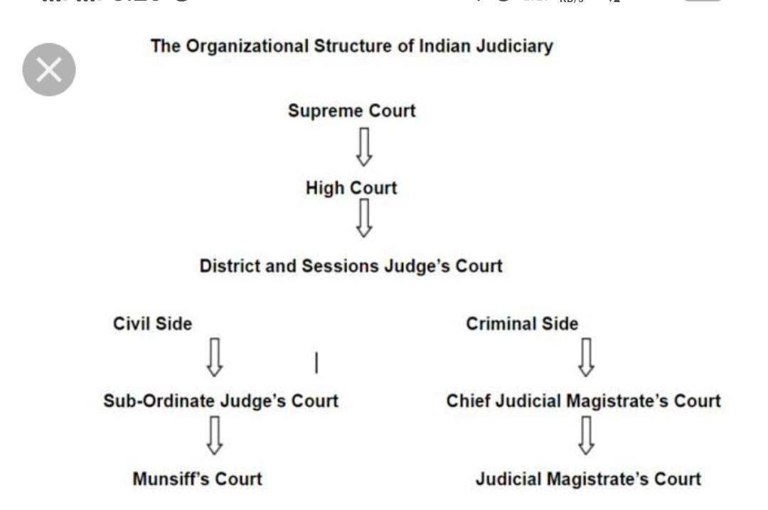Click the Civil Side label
tap(153, 323)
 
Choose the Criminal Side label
tap(522, 323)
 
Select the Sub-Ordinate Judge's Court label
tap(220, 401)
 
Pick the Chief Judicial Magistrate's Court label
tap(584, 401)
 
